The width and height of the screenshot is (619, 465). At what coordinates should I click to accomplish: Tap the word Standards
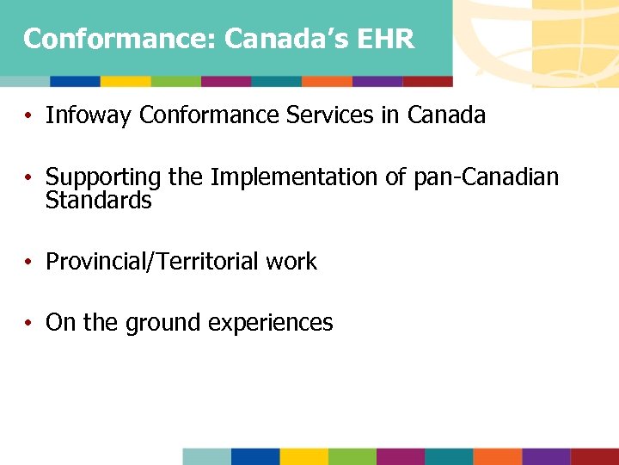(x=98, y=201)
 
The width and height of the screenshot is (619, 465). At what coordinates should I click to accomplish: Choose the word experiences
(x=271, y=323)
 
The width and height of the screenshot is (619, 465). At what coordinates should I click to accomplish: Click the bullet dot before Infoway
(x=28, y=116)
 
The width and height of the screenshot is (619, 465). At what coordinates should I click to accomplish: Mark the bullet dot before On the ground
(x=28, y=324)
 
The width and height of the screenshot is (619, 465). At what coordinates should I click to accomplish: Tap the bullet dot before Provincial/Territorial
(x=28, y=263)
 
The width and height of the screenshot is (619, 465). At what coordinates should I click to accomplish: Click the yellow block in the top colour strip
(x=126, y=82)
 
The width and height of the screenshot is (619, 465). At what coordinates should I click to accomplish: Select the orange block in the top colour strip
(x=327, y=82)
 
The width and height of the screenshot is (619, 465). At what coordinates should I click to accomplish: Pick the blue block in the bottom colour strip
(x=255, y=456)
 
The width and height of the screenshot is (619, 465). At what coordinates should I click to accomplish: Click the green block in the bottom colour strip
(x=352, y=456)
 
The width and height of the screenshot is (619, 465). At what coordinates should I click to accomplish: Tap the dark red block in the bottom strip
(x=595, y=456)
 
